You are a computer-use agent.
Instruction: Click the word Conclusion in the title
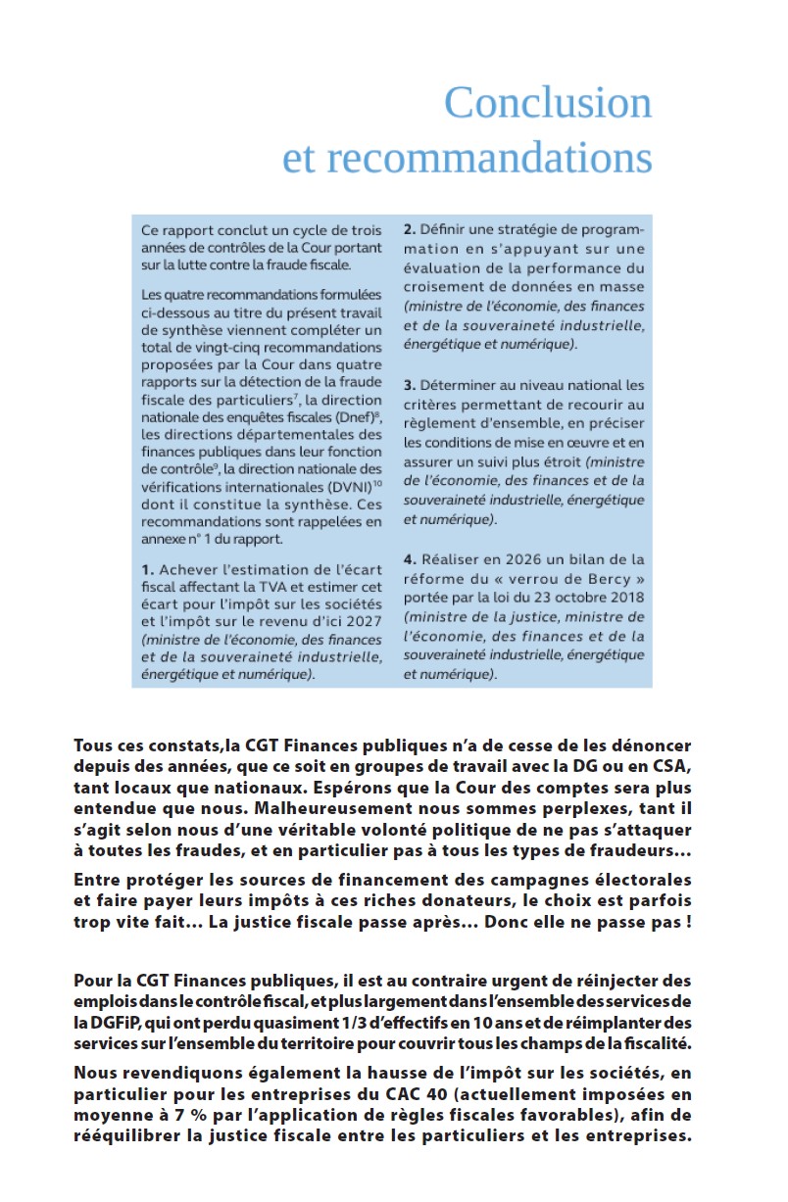coord(547,103)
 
